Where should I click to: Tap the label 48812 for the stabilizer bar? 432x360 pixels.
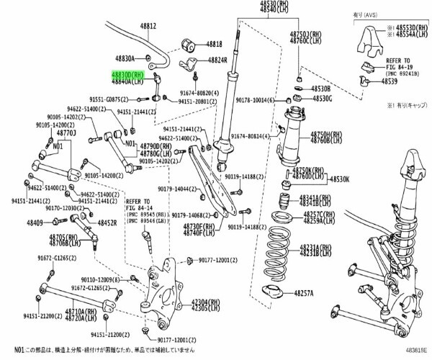[148, 25]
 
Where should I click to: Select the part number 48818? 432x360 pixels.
[215, 44]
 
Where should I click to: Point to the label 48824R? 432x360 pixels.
[217, 60]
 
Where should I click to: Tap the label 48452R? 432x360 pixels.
[104, 223]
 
